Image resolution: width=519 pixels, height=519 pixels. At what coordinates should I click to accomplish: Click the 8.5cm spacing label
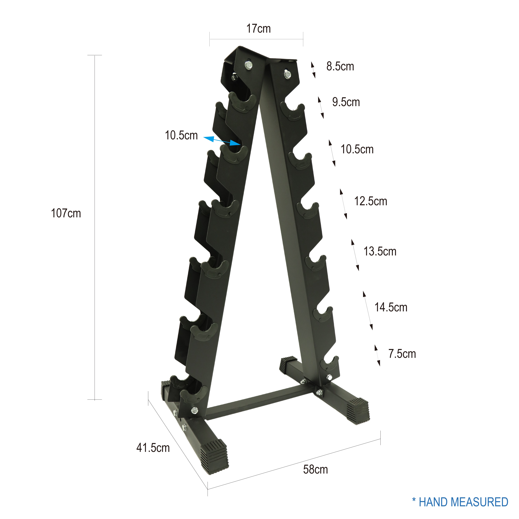click(340, 66)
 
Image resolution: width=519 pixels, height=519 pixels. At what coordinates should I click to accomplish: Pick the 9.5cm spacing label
click(346, 102)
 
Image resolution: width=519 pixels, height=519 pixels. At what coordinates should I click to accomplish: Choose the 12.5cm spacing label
click(371, 201)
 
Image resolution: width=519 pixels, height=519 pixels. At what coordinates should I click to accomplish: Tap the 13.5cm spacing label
click(380, 251)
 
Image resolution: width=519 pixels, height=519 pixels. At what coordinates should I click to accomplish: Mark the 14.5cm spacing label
click(391, 307)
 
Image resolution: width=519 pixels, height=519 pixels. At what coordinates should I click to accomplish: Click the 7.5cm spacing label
click(402, 354)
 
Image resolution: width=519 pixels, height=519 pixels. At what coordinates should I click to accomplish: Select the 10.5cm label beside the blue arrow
click(181, 135)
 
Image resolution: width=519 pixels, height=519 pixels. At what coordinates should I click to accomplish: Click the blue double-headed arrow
click(222, 141)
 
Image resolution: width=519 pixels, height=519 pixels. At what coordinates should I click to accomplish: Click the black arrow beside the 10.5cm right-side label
click(332, 153)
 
